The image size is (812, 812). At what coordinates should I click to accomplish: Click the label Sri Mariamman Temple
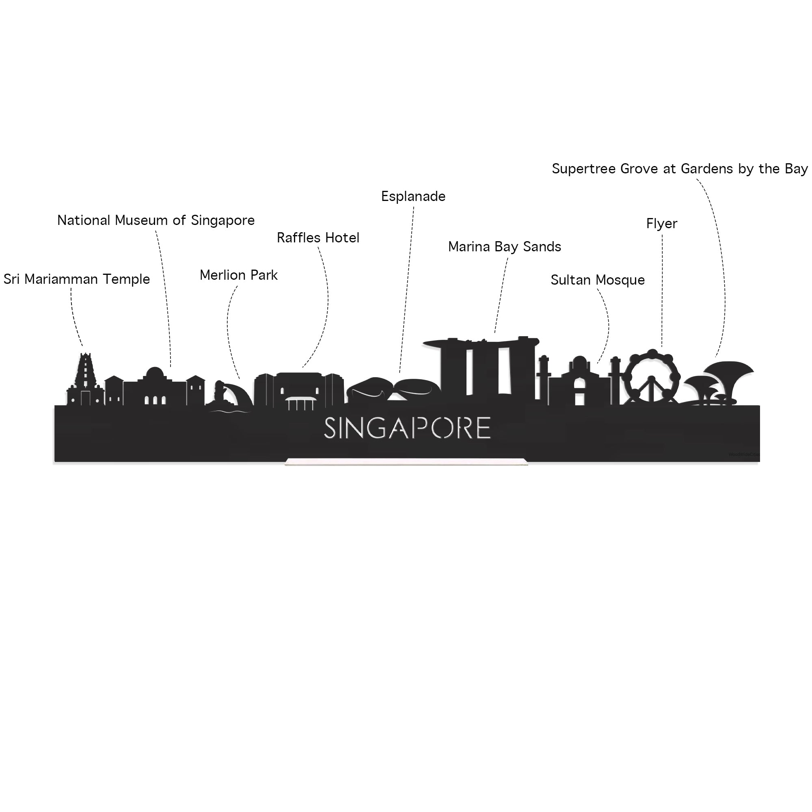(76, 279)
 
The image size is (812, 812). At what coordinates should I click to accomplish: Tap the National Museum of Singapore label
(156, 220)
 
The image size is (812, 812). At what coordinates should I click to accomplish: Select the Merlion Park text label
(238, 275)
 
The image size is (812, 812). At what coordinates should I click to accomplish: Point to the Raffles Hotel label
(318, 238)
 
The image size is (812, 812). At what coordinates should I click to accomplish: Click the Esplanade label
(413, 196)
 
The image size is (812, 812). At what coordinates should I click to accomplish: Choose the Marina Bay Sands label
(504, 247)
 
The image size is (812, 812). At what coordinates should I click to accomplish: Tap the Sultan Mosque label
(597, 280)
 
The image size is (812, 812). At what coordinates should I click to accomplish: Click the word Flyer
(661, 224)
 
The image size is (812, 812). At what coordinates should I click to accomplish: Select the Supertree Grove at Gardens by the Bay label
(679, 169)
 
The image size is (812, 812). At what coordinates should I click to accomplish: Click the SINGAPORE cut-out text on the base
(407, 428)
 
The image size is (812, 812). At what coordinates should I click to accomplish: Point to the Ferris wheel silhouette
(652, 377)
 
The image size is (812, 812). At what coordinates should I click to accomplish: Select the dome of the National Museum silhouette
(155, 373)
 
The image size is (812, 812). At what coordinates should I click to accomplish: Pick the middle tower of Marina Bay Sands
(488, 370)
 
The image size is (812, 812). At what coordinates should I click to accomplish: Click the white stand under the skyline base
(406, 462)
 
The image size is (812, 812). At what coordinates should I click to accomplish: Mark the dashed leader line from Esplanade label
(406, 290)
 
